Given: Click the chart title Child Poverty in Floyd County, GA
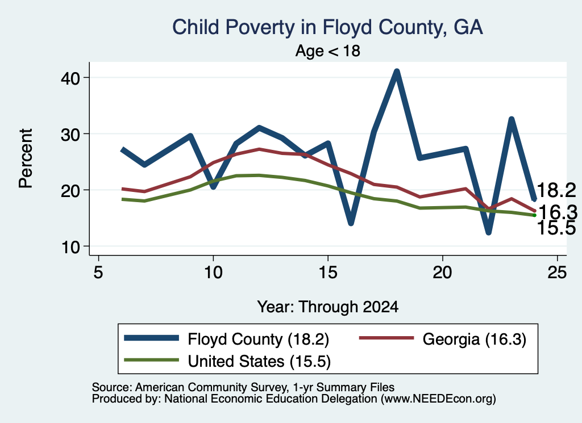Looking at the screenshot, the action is click(327, 27).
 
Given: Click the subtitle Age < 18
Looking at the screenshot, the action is click(328, 51).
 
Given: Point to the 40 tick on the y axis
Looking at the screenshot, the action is click(70, 78).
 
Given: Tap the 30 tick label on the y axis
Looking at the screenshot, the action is click(70, 134).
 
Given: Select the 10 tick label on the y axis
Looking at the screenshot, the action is click(70, 247).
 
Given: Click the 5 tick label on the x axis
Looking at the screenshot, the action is click(98, 273).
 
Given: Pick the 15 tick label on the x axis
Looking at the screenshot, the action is click(328, 273).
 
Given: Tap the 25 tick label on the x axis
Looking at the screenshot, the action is click(557, 273).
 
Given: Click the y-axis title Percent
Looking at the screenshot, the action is click(26, 158).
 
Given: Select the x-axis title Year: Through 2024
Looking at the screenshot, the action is click(328, 307).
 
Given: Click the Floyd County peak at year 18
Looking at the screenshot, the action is click(397, 71).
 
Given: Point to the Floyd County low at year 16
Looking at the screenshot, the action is click(351, 223).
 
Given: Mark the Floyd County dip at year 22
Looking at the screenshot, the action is click(488, 232).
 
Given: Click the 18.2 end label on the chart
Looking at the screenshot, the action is click(556, 190).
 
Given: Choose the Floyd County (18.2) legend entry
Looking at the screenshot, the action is click(227, 339).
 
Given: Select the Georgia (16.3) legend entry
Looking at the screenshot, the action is click(442, 339).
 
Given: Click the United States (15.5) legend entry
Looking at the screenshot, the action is click(227, 361).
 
